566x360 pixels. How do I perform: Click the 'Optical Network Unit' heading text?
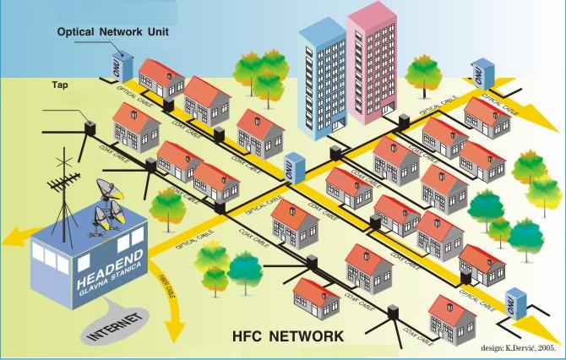click(x=115, y=32)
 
